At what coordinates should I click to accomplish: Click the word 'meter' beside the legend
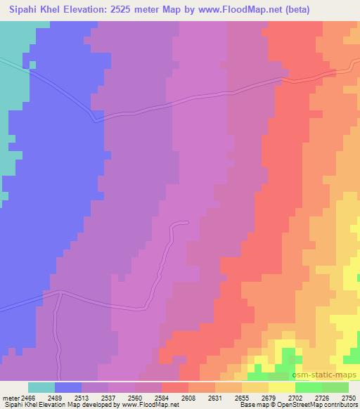coord(10,398)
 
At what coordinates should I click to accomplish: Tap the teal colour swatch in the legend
coord(41,387)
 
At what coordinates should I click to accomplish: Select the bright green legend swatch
coord(309,387)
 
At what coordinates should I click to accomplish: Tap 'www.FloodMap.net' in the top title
coord(214,9)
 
